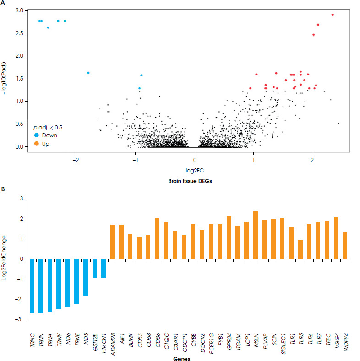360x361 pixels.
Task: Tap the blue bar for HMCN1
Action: [104, 268]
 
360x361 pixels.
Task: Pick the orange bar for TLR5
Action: [300, 249]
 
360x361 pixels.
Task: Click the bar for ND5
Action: [86, 277]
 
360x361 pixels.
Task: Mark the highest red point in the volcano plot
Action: [333, 15]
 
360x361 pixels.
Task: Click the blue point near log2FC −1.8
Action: [88, 73]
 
